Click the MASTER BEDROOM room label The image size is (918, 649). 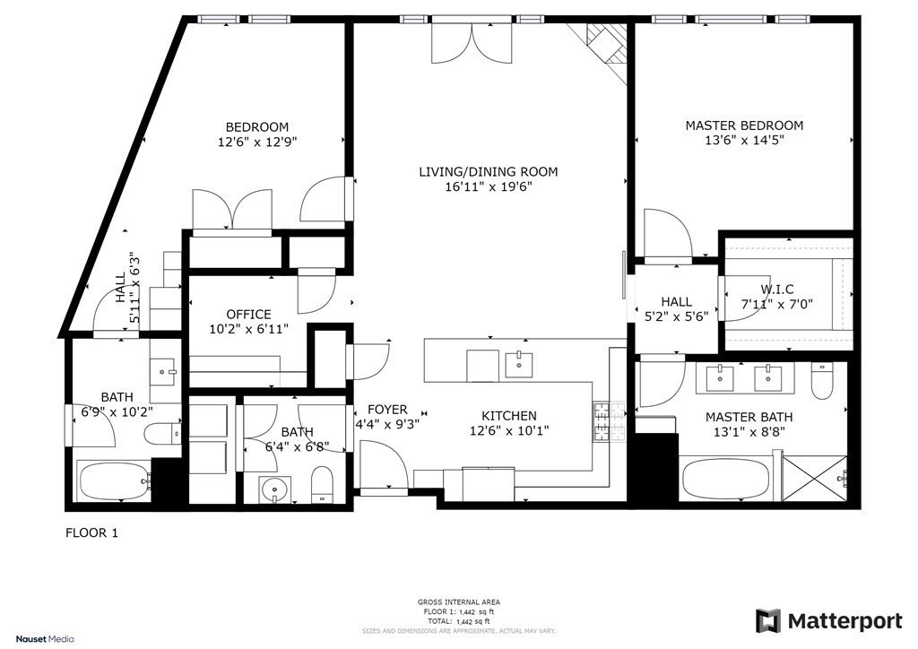click(744, 125)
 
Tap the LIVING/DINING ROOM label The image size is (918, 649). click(489, 172)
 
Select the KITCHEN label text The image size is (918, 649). click(509, 415)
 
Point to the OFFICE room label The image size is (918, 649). click(248, 314)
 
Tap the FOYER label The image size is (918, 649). click(386, 409)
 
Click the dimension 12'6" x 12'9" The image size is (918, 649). click(257, 142)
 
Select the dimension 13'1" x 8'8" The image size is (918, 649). click(749, 432)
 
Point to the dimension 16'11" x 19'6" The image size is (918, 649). click(489, 187)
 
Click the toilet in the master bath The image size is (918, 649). click(822, 383)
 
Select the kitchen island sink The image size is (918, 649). click(518, 364)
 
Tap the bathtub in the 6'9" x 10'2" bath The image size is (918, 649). click(114, 481)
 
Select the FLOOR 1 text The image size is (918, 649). click(92, 532)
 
